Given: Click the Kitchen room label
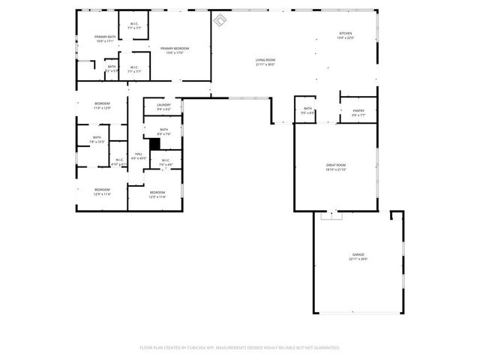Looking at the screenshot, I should [x=345, y=34].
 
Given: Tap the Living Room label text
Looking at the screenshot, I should [x=265, y=60].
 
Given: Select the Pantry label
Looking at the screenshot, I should [x=358, y=111].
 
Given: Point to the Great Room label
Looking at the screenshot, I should [x=335, y=165].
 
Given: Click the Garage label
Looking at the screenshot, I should [x=358, y=254].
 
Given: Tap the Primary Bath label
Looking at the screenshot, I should [x=104, y=37].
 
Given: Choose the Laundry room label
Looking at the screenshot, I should [x=163, y=105].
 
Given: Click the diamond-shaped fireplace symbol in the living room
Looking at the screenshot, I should [x=220, y=19].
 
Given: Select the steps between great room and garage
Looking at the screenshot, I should [x=330, y=216].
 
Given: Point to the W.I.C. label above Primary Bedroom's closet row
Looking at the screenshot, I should [x=134, y=24].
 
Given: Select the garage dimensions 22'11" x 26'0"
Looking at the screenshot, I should [x=358, y=259].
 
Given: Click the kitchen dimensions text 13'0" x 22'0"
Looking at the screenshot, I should [x=345, y=38].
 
